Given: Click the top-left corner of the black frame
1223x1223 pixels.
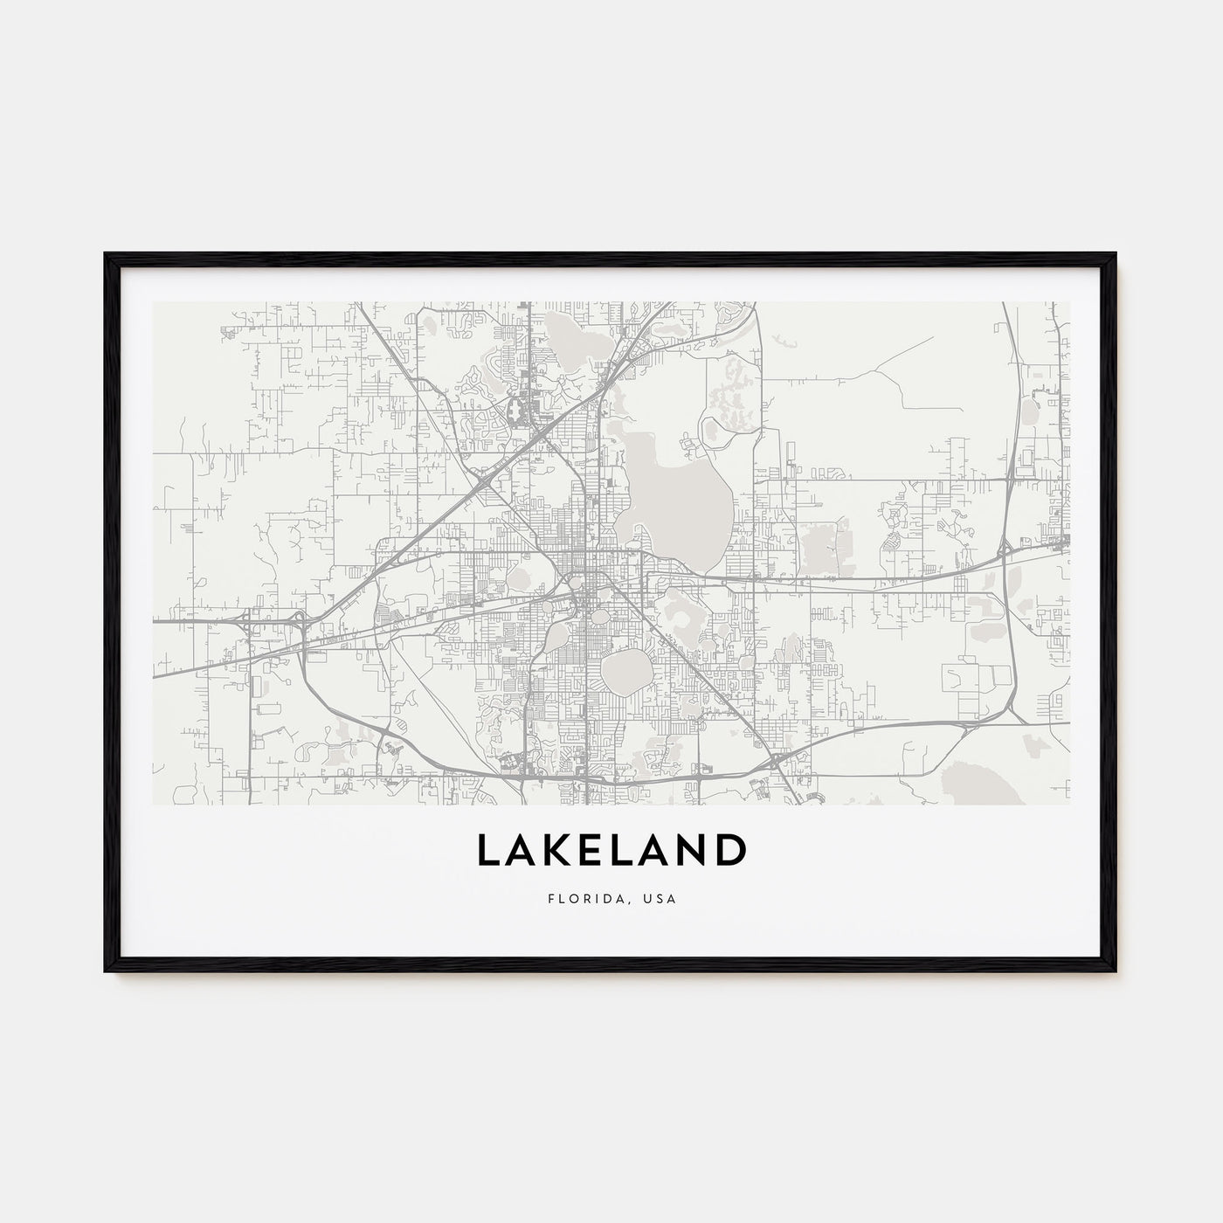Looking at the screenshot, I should (x=106, y=254).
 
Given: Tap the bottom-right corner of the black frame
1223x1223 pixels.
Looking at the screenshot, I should (x=1116, y=971).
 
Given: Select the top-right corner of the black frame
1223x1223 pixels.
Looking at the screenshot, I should (x=1116, y=254).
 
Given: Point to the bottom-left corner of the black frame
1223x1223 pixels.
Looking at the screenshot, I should (x=106, y=971).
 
